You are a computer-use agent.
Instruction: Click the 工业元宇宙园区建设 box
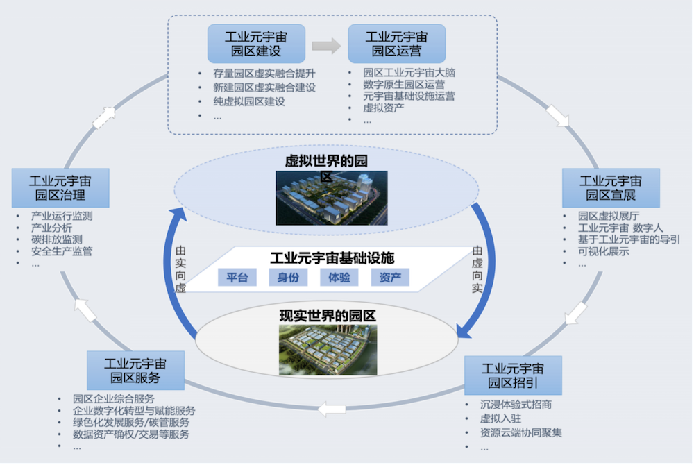[255, 43]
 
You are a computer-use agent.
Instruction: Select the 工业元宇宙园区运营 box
[396, 43]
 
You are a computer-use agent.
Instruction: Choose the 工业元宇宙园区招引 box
[513, 375]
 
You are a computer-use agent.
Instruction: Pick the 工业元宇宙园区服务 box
[135, 371]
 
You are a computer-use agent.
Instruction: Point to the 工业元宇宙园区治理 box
[60, 187]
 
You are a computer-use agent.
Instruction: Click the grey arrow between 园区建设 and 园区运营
[325, 46]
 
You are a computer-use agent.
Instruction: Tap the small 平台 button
[237, 278]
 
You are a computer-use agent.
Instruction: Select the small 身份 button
[288, 278]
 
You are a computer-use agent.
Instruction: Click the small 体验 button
[339, 278]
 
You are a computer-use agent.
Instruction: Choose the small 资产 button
[390, 278]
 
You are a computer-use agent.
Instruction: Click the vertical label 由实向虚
[180, 269]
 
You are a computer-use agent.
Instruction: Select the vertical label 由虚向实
[477, 269]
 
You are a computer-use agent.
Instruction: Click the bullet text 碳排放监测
[57, 239]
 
